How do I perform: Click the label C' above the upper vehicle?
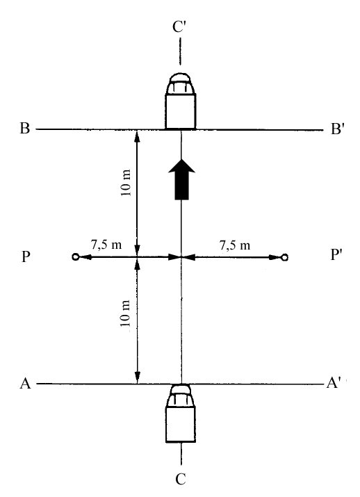point(179,27)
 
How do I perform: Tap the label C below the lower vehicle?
point(180,479)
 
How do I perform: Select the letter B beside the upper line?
point(25,129)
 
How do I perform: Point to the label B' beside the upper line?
point(337,129)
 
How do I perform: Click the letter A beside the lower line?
point(25,383)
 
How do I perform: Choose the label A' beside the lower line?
point(334,383)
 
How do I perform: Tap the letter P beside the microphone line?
point(26,256)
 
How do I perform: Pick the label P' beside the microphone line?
point(337,254)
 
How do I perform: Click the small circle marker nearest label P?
point(76,256)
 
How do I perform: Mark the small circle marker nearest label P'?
point(284,257)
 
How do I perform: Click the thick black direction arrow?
point(182,180)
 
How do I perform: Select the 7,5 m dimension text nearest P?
point(106,245)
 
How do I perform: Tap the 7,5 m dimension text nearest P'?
point(235,245)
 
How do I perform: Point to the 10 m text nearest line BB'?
point(126,183)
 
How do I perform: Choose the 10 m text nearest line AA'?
point(126,313)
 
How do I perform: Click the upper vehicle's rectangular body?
point(181,111)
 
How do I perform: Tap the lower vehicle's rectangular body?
point(181,424)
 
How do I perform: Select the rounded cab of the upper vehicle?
point(180,83)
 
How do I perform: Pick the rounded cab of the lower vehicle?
point(180,396)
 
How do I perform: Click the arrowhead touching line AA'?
point(137,377)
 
